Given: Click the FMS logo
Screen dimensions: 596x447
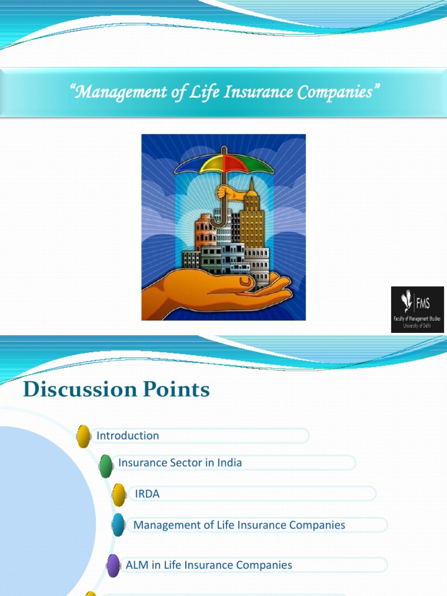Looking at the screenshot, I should (417, 309).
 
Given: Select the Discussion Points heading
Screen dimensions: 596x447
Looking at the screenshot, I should (116, 389).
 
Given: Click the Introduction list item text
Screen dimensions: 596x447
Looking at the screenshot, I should (127, 435).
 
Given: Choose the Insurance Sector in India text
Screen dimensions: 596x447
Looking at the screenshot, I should (180, 463).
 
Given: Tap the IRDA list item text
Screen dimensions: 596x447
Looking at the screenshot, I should (147, 494).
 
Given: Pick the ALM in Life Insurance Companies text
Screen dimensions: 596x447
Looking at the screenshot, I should (209, 565).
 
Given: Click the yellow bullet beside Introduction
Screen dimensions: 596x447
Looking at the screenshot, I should (84, 437).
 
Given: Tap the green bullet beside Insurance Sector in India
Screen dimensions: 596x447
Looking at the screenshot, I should (106, 466).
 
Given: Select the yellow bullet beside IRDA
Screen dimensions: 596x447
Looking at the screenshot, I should (119, 495).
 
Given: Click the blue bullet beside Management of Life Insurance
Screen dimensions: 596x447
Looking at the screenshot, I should (119, 525).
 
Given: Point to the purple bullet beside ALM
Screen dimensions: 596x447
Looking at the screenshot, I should (113, 566).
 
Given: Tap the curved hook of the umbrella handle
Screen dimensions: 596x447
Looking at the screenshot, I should (217, 221).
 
